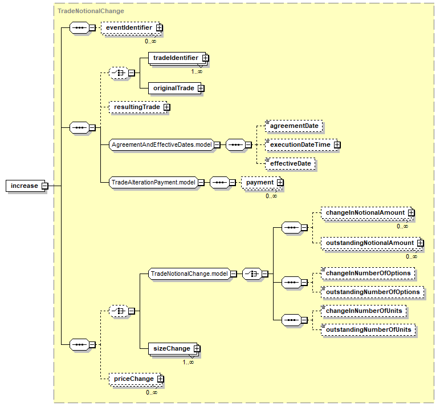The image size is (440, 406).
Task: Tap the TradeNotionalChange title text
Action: (91, 11)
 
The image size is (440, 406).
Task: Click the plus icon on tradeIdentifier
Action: (205, 58)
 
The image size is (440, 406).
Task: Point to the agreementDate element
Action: (294, 126)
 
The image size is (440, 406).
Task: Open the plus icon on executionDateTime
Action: (337, 145)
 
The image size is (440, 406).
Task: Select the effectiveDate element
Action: (290, 164)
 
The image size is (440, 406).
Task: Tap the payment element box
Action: (261, 183)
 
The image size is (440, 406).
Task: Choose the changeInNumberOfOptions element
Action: (368, 274)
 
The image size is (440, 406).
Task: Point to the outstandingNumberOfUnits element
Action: (368, 330)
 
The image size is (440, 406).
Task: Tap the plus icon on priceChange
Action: (160, 379)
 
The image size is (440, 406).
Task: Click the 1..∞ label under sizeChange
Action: (188, 363)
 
